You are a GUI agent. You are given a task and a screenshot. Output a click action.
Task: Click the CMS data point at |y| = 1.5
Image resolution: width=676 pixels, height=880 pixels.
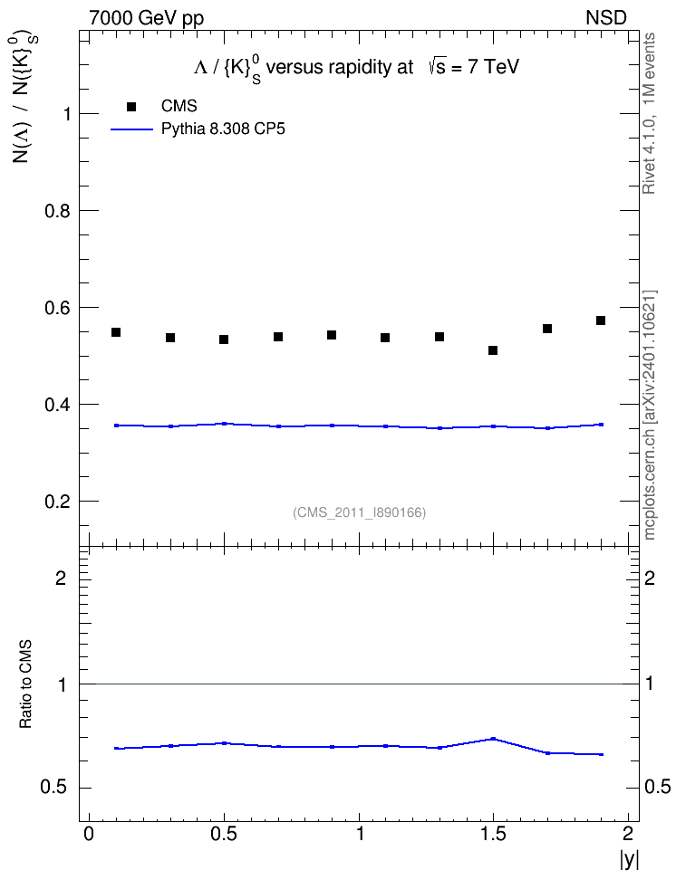click(x=493, y=350)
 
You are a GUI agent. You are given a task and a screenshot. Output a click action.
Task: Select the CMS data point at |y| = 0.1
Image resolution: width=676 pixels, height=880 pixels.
click(x=116, y=332)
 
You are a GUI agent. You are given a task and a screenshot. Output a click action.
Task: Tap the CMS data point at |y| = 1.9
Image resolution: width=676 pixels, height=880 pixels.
click(x=601, y=320)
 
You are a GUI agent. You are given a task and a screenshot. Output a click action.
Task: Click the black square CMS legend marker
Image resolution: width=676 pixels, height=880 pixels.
click(x=131, y=107)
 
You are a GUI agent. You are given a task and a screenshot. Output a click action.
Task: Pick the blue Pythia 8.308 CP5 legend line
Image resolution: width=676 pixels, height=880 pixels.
click(x=131, y=129)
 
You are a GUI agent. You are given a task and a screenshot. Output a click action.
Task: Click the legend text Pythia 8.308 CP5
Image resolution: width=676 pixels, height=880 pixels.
click(x=223, y=129)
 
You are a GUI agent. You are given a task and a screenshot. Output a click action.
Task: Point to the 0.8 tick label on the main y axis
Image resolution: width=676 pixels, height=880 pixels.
click(x=58, y=211)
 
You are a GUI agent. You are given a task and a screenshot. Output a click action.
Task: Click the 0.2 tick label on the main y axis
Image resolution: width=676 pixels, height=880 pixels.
click(x=58, y=502)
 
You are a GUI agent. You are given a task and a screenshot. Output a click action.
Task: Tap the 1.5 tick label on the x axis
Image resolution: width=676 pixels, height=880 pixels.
click(x=493, y=834)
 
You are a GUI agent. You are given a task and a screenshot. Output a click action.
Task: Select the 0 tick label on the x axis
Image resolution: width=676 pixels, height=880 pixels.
click(x=89, y=834)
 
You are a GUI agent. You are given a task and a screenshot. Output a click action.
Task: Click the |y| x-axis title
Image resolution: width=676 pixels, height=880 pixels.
click(x=629, y=858)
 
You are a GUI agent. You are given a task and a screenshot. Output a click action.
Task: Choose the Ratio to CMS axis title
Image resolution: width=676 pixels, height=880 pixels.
click(x=25, y=684)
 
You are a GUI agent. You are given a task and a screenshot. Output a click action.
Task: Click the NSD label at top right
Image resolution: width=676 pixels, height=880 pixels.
click(x=605, y=18)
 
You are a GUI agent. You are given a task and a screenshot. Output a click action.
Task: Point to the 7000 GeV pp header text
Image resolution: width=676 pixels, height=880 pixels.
click(x=146, y=18)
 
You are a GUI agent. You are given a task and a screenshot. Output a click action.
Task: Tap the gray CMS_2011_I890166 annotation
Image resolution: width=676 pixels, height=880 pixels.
click(x=360, y=512)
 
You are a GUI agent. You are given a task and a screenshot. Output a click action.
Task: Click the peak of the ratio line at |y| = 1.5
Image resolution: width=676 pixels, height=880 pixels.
click(x=493, y=739)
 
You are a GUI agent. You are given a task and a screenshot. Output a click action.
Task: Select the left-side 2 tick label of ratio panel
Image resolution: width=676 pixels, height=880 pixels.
click(x=61, y=578)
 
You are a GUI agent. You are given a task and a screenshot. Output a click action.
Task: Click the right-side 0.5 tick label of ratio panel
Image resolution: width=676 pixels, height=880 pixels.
click(x=657, y=787)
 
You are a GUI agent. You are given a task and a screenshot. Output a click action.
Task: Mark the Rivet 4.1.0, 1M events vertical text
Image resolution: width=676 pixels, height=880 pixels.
click(x=649, y=113)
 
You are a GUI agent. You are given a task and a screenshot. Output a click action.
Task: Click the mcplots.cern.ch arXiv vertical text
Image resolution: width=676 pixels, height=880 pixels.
click(x=649, y=415)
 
